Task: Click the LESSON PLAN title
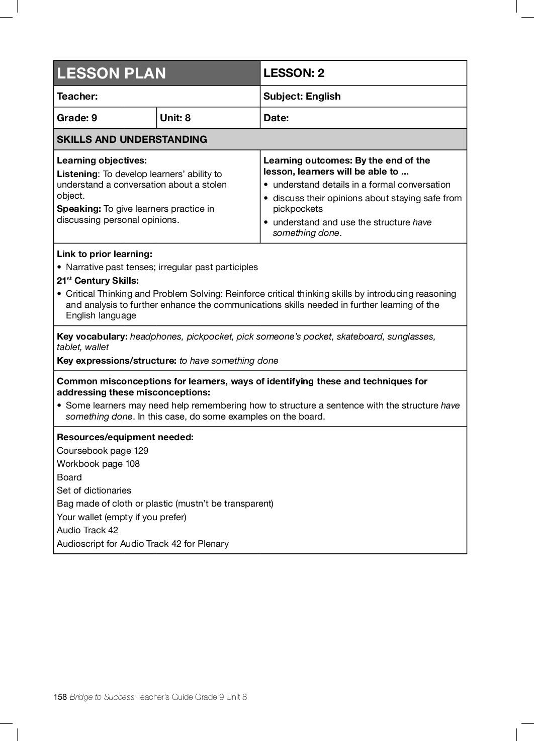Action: (111, 73)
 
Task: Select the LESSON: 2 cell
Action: (294, 73)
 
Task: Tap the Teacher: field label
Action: (77, 96)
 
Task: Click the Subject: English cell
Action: (302, 96)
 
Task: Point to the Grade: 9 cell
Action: (77, 118)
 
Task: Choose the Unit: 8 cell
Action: (175, 118)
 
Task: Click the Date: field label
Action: (276, 118)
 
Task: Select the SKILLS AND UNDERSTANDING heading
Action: (132, 139)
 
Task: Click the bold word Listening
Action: (77, 174)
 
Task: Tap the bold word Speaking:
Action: (79, 209)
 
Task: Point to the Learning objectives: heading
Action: (102, 160)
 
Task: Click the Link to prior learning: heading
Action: (105, 254)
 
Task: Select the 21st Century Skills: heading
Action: (98, 281)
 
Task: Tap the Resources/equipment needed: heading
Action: (125, 437)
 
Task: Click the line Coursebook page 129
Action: (103, 451)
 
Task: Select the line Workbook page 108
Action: (98, 464)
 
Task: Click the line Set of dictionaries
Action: (94, 490)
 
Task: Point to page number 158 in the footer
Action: (60, 697)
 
